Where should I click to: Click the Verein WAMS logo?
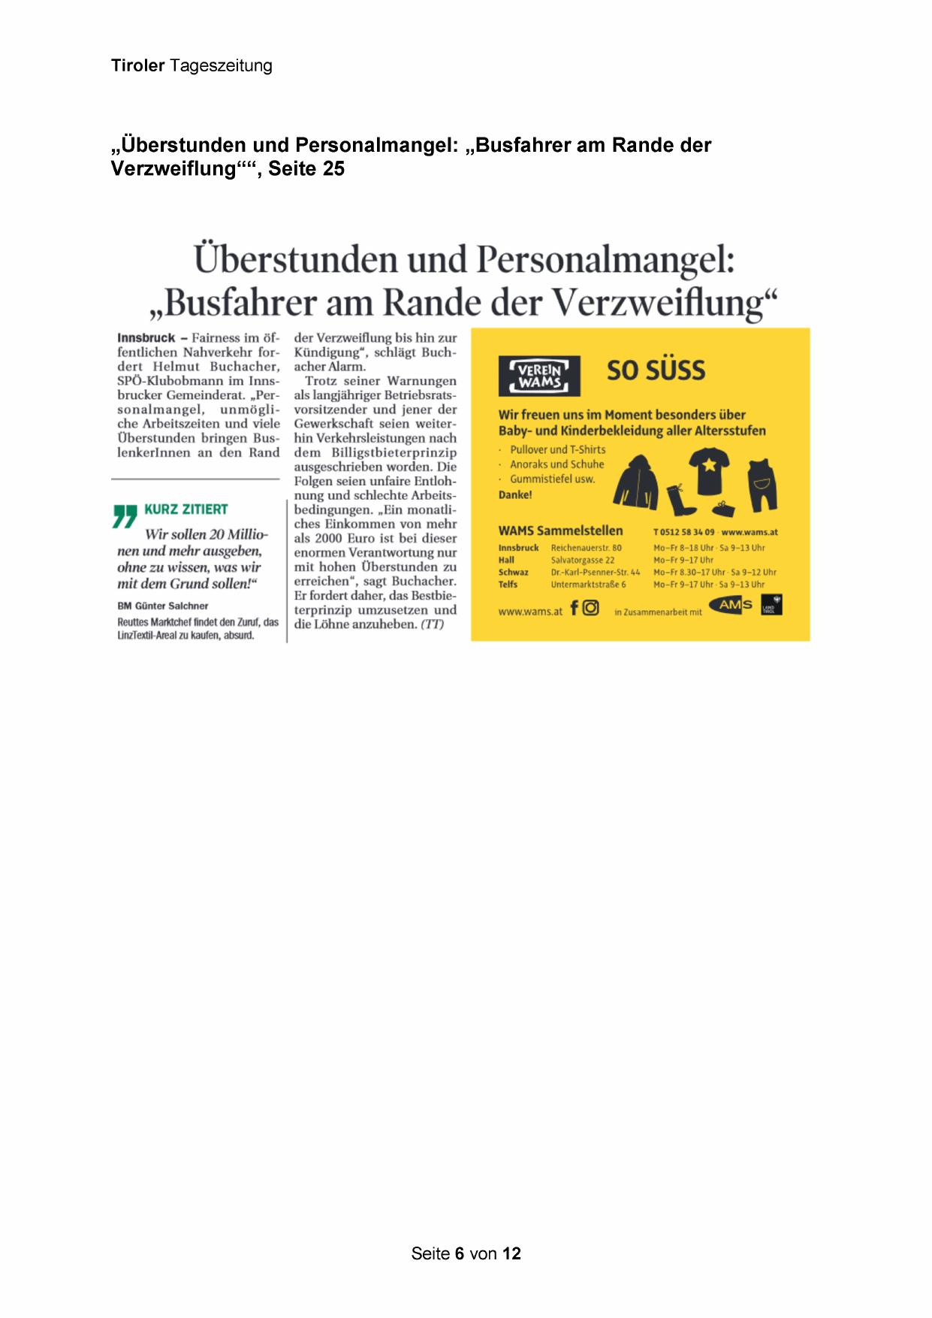539,376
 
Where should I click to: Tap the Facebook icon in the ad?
575,607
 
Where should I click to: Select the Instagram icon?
591,608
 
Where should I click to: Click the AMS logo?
735,605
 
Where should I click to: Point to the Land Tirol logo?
772,604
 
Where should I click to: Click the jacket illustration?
635,480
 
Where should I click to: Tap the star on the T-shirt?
709,465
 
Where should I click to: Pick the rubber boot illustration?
680,500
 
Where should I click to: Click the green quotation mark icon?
125,515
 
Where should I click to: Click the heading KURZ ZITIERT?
186,509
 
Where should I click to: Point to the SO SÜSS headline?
656,370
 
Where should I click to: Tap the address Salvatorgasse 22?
582,560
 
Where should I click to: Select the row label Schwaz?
513,572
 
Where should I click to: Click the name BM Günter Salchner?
163,606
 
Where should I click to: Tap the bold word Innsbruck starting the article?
146,338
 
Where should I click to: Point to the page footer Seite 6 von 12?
466,1253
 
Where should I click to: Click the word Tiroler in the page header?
137,65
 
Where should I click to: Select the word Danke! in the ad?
515,494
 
